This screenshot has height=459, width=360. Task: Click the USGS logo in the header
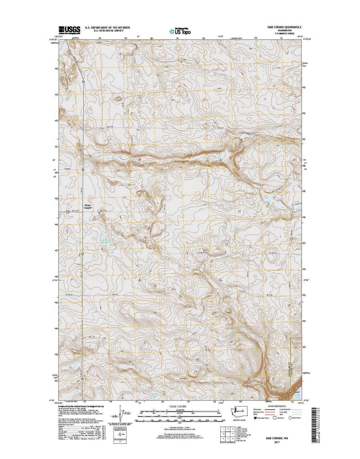pos(69,29)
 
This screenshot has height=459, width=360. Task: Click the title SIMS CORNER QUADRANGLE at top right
pos(282,27)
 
